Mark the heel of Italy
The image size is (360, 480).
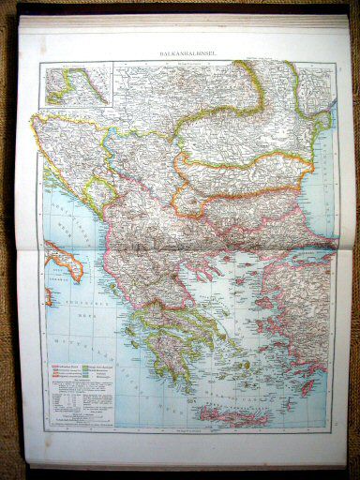74,258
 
